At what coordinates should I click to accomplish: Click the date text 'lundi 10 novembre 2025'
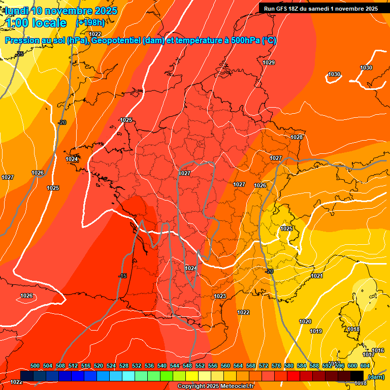[59, 11]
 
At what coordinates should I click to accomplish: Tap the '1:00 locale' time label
[37, 23]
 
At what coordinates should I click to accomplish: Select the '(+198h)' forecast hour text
[91, 23]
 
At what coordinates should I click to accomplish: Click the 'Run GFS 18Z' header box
[320, 8]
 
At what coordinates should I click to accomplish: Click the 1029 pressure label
[269, 62]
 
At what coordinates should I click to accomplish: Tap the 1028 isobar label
[297, 137]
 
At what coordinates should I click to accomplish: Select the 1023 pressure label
[220, 296]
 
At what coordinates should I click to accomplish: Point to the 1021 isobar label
[317, 276]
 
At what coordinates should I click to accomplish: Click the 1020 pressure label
[305, 321]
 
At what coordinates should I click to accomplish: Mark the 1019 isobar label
[316, 331]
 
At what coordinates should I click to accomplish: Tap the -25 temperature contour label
[20, 54]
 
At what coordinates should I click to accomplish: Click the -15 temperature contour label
[122, 276]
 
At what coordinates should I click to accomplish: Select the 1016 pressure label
[378, 351]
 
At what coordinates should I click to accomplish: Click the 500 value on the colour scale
[35, 366]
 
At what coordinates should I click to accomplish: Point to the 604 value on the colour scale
[365, 366]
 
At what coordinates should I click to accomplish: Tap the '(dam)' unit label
[376, 377]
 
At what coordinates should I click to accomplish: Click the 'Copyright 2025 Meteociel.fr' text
[216, 386]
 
